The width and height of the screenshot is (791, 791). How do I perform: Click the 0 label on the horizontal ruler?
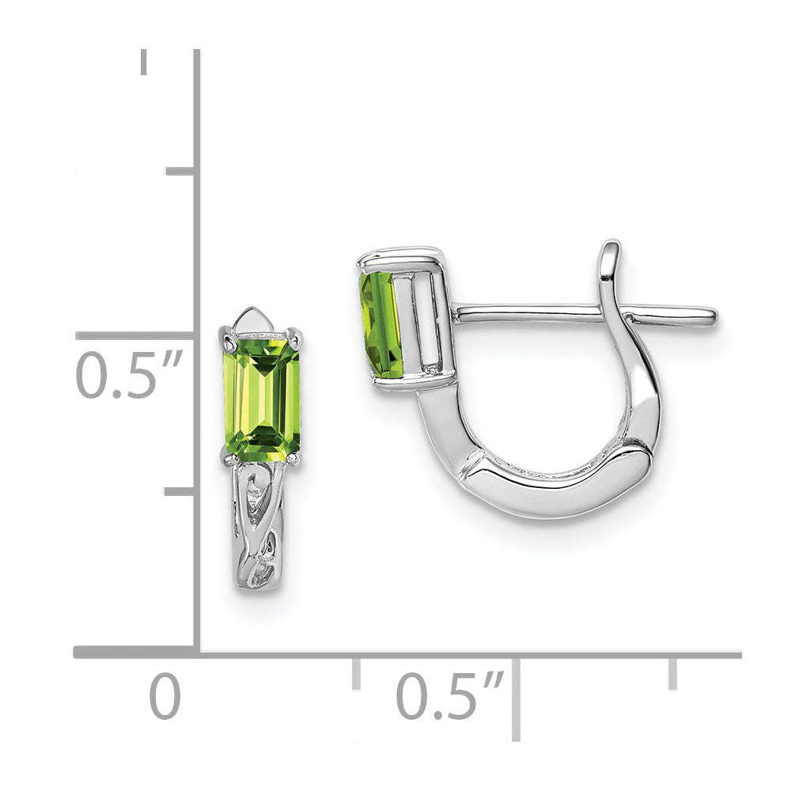click(165, 697)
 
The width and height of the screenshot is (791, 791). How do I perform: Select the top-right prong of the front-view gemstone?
click(296, 337)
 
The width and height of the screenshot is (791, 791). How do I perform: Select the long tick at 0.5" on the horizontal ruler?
click(517, 696)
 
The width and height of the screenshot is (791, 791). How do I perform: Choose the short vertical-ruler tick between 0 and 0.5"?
click(180, 492)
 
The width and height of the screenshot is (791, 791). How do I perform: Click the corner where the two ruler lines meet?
click(196, 653)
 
